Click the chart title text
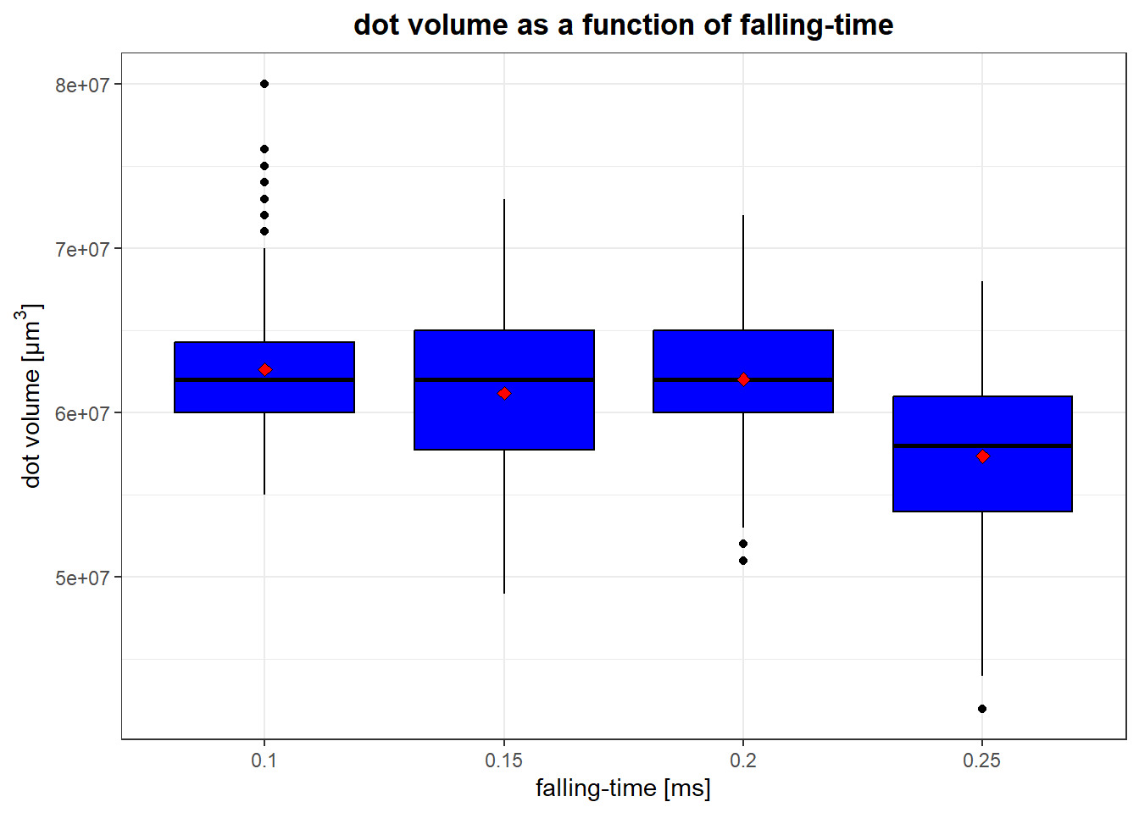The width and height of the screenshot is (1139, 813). point(624,25)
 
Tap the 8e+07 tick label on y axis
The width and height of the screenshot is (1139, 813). point(83,85)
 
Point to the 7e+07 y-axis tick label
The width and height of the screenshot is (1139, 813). point(83,250)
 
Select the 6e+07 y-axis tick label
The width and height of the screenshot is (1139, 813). point(83,413)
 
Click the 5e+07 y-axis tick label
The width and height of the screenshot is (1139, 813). point(83,578)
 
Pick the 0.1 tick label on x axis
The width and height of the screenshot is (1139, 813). point(264,760)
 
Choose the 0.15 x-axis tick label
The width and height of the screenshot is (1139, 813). point(504,760)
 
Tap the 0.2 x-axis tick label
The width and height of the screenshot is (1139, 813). point(743,760)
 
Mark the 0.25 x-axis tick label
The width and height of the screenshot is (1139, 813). point(982,760)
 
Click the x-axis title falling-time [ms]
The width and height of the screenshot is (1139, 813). point(623,788)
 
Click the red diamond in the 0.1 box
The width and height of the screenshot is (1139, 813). point(265,369)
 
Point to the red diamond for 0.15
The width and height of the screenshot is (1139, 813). point(504,393)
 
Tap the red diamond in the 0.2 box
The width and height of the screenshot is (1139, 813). point(743,379)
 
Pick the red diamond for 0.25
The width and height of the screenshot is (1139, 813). point(983,456)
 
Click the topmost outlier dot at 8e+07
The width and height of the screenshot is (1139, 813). point(264,84)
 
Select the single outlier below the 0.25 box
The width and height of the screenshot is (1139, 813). point(982,709)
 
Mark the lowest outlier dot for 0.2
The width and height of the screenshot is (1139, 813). point(743,561)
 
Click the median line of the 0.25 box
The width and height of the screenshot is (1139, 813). point(982,445)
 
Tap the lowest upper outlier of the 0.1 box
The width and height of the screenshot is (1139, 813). point(264,231)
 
